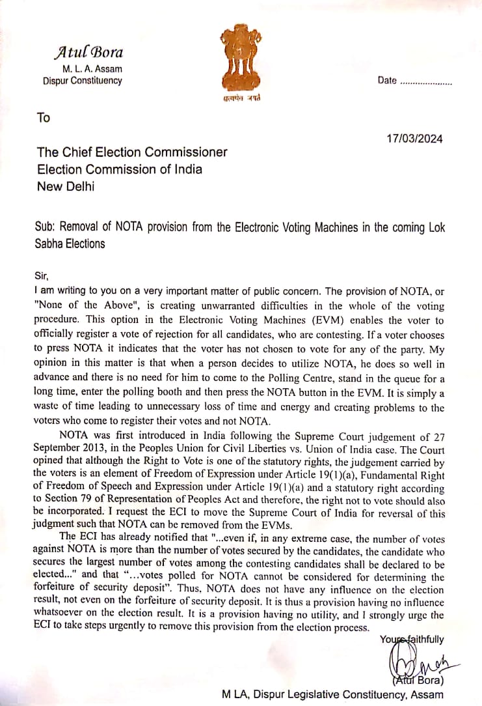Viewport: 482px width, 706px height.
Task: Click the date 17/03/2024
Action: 414,138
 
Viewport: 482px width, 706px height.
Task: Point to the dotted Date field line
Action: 425,83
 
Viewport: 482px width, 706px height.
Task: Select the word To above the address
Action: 44,118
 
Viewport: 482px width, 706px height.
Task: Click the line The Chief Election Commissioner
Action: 132,152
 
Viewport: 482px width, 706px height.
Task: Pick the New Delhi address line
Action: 65,186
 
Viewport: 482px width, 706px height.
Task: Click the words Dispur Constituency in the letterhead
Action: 82,81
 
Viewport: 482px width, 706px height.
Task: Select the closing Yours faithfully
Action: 412,639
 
